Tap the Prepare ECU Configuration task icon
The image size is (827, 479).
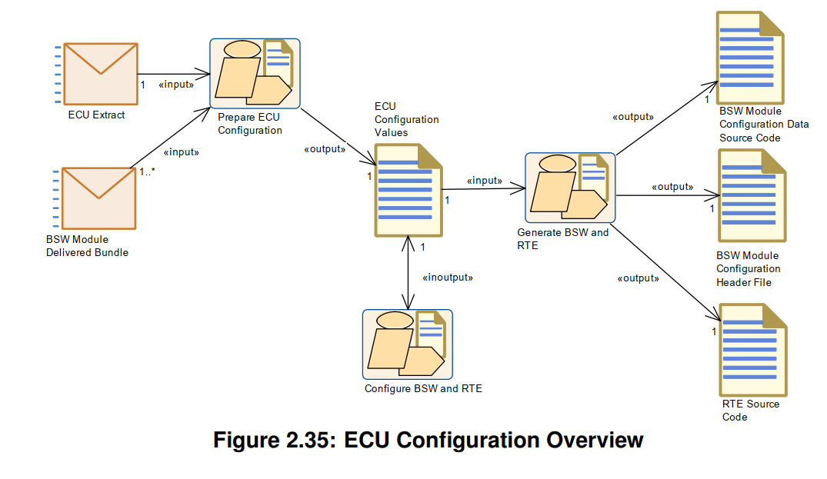click(x=255, y=74)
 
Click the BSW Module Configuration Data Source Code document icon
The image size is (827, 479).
click(x=749, y=58)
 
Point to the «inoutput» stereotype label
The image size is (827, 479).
click(x=448, y=277)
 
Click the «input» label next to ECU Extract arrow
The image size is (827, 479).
click(x=176, y=85)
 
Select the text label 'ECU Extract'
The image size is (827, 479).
click(x=96, y=115)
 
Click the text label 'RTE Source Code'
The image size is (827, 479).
click(x=750, y=411)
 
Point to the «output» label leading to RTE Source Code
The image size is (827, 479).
click(x=638, y=278)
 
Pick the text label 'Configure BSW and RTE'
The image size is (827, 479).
click(x=423, y=388)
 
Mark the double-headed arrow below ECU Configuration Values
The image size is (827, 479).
click(x=406, y=273)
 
